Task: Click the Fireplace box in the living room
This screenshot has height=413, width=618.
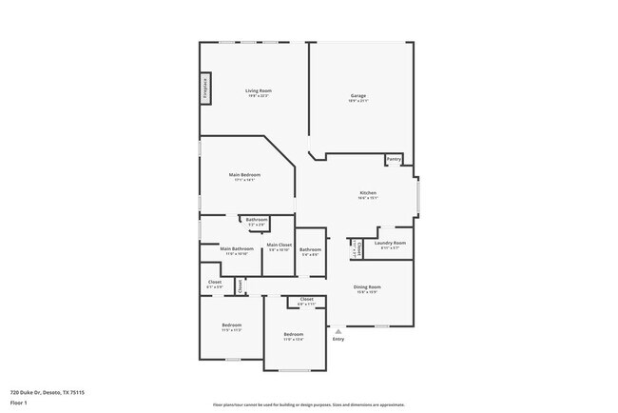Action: pos(203,89)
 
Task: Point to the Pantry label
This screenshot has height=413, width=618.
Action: pos(394,159)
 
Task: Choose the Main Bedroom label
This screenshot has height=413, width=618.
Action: pos(244,176)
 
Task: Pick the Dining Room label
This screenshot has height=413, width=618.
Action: pos(367,289)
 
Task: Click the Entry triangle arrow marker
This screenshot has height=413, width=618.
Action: pos(338,331)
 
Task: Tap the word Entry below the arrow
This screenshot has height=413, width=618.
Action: pos(338,340)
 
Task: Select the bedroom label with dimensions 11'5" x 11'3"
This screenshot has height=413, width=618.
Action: pos(232,327)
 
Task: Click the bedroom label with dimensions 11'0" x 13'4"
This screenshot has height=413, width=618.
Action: pos(293,336)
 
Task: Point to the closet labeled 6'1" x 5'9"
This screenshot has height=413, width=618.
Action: pos(215,284)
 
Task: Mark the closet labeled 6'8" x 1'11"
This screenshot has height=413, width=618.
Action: pos(306,301)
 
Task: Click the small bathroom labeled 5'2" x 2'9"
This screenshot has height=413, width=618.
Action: pos(256,222)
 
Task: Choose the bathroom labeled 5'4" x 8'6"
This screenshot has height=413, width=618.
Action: pos(310,252)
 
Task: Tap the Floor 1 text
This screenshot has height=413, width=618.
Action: pos(19,402)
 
